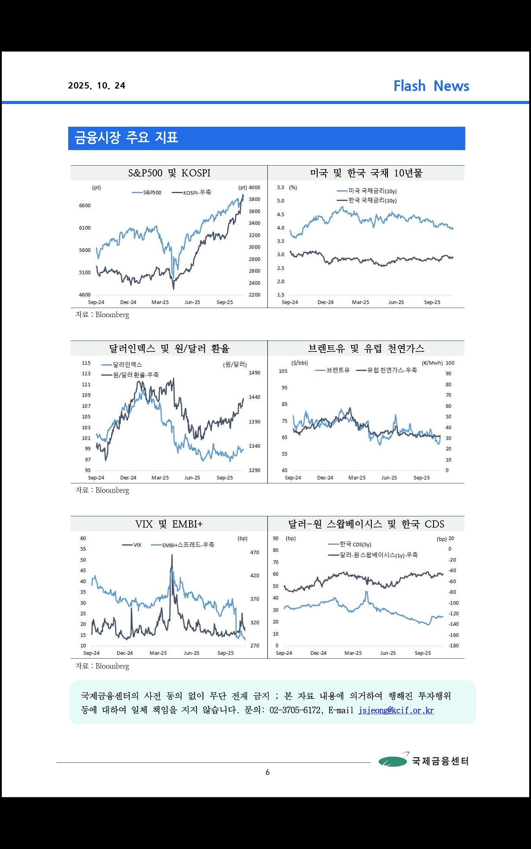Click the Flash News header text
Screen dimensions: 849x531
pos(431,86)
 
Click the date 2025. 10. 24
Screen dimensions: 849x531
pos(97,86)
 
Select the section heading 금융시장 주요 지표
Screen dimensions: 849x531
pos(126,138)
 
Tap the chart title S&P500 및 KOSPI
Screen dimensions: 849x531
pos(169,173)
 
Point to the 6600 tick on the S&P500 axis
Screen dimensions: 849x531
pos(85,206)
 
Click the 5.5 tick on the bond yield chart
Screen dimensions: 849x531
pos(280,188)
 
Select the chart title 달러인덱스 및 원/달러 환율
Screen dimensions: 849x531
pos(169,348)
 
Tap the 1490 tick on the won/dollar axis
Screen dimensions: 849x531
pos(254,373)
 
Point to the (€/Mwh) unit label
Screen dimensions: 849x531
pos(432,363)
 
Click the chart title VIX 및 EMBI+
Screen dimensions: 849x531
pos(169,524)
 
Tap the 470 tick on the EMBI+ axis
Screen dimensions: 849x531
pos(255,552)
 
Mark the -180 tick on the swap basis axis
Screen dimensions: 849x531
pos(453,646)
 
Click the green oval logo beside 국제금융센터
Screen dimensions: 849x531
pos(392,761)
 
